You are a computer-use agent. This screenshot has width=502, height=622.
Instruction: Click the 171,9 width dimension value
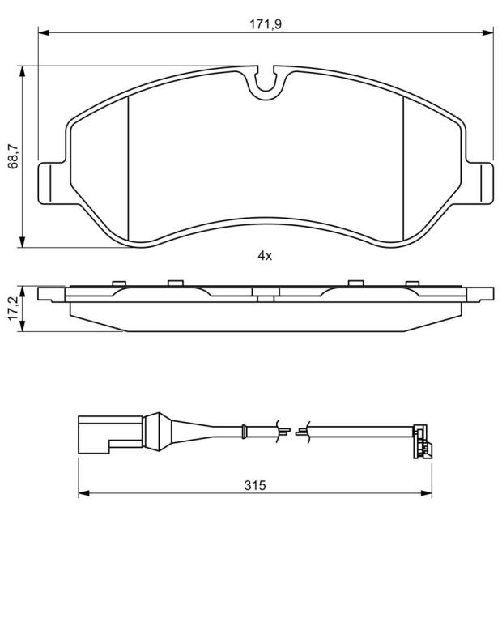tap(266, 24)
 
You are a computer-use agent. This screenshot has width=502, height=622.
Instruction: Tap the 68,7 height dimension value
tap(14, 156)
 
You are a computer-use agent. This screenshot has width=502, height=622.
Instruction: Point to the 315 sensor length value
tap(255, 485)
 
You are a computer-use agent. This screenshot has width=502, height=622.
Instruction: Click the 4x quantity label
tap(265, 256)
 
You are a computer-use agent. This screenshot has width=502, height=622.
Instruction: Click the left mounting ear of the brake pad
tap(52, 183)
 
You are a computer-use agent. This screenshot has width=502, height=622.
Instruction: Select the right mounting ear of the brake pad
tap(480, 183)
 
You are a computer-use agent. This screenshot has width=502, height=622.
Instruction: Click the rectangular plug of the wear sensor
tap(110, 434)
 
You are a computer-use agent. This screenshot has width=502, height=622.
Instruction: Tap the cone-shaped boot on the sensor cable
tap(158, 432)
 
